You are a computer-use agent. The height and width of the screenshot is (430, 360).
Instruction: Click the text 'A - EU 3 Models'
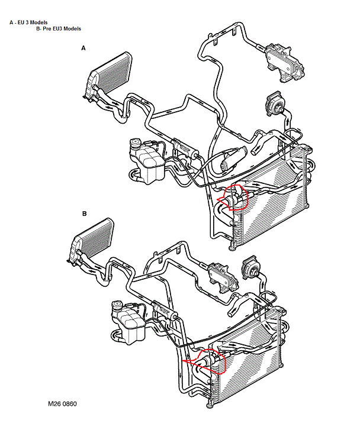tap(28, 22)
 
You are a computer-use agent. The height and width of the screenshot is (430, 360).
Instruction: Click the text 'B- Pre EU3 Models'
tap(59, 29)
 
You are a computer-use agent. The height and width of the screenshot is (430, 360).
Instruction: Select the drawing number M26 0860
tap(62, 403)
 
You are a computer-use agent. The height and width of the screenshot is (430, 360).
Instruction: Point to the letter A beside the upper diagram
tap(83, 49)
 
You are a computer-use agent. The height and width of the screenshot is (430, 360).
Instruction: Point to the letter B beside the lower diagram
tap(84, 214)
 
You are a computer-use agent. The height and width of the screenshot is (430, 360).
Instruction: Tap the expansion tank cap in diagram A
tap(135, 143)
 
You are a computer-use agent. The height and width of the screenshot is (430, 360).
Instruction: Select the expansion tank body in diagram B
tap(129, 326)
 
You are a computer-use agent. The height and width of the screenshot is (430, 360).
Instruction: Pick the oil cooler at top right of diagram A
tap(284, 63)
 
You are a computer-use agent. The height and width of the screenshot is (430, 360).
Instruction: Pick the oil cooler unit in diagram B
tap(223, 277)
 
